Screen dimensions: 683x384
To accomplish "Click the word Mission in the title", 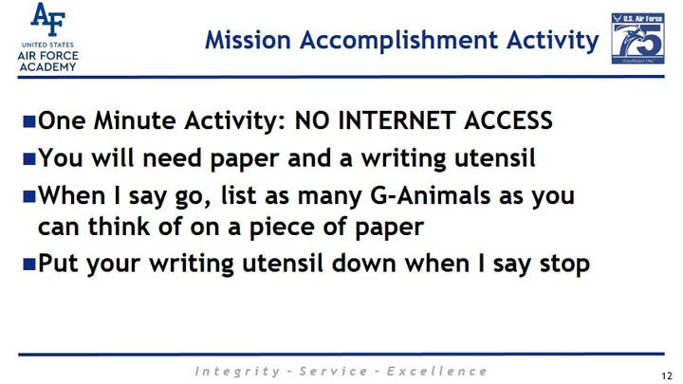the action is (248, 40).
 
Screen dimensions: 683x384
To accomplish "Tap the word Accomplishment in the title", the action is (398, 41).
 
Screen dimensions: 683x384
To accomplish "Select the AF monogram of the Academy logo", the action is (48, 19).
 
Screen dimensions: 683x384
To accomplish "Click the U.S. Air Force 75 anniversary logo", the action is (637, 38).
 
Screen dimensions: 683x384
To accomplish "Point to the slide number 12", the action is (667, 375).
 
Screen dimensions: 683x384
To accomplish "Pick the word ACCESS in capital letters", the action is (508, 120).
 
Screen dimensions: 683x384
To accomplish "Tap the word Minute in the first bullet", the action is (134, 120).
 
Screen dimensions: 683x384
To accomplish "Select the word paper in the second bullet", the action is (244, 159).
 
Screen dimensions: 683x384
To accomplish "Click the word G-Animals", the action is (430, 195).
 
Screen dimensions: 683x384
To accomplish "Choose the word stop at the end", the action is (564, 265).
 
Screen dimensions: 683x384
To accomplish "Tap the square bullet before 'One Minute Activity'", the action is (29, 121).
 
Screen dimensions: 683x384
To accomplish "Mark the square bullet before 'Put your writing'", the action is (29, 265).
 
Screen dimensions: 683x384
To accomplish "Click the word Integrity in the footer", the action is (237, 372).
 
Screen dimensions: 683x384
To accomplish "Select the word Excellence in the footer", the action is (437, 372).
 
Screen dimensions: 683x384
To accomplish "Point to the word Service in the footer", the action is (333, 372).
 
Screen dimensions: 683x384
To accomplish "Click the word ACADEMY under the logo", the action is (48, 67).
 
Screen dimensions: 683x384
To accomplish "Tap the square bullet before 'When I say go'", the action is (29, 196).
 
